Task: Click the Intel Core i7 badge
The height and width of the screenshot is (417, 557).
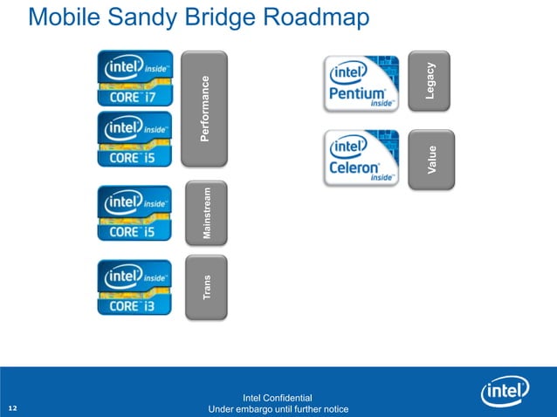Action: pyautogui.click(x=134, y=79)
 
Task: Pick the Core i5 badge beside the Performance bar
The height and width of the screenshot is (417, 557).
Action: pyautogui.click(x=134, y=139)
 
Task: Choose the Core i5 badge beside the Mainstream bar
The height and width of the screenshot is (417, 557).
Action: pyautogui.click(x=134, y=213)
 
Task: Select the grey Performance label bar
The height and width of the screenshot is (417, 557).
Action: pyautogui.click(x=204, y=108)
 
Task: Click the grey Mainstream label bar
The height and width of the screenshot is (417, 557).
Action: pyautogui.click(x=206, y=213)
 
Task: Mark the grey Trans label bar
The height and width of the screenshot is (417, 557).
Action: pyautogui.click(x=206, y=287)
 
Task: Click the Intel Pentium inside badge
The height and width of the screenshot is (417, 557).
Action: pyautogui.click(x=361, y=83)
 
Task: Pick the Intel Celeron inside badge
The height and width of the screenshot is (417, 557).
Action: pyautogui.click(x=361, y=158)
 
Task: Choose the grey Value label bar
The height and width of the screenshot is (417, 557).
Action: pyautogui.click(x=430, y=159)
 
